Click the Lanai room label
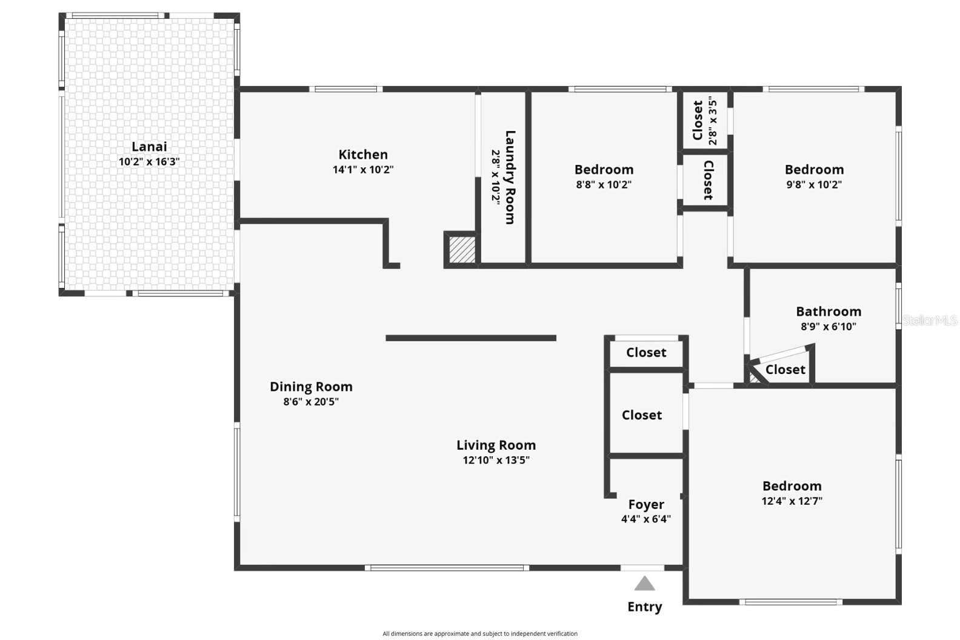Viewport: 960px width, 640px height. pos(149,147)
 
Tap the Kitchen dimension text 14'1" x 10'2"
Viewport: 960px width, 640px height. pos(363,170)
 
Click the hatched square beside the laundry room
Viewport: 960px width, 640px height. pos(462,249)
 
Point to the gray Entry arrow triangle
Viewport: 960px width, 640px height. pos(644,584)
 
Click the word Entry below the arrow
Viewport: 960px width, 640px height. pos(644,607)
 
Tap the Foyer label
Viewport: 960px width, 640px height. pos(646,504)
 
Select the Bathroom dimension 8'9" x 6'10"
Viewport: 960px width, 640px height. pos(828,326)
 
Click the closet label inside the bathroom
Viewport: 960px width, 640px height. pos(785,370)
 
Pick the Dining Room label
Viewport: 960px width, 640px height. pos(311,387)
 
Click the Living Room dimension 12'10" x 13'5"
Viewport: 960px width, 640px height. pos(496,460)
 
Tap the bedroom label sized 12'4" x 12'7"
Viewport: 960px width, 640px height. pos(792,486)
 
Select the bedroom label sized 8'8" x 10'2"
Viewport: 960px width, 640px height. pos(604,170)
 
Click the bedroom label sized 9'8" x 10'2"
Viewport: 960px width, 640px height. pos(814,170)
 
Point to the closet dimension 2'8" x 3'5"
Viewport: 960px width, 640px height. pos(713,122)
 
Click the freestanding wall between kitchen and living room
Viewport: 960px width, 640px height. pos(471,338)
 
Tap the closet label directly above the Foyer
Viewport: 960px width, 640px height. pos(642,415)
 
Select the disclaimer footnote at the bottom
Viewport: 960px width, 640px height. pos(479,634)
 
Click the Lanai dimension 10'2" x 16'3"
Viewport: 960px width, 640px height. pos(149,162)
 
